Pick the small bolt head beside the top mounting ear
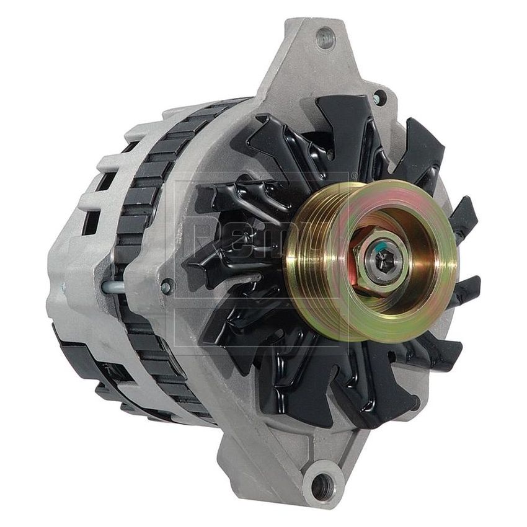[377, 98]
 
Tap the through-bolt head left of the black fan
[166, 286]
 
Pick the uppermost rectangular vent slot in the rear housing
[133, 146]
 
